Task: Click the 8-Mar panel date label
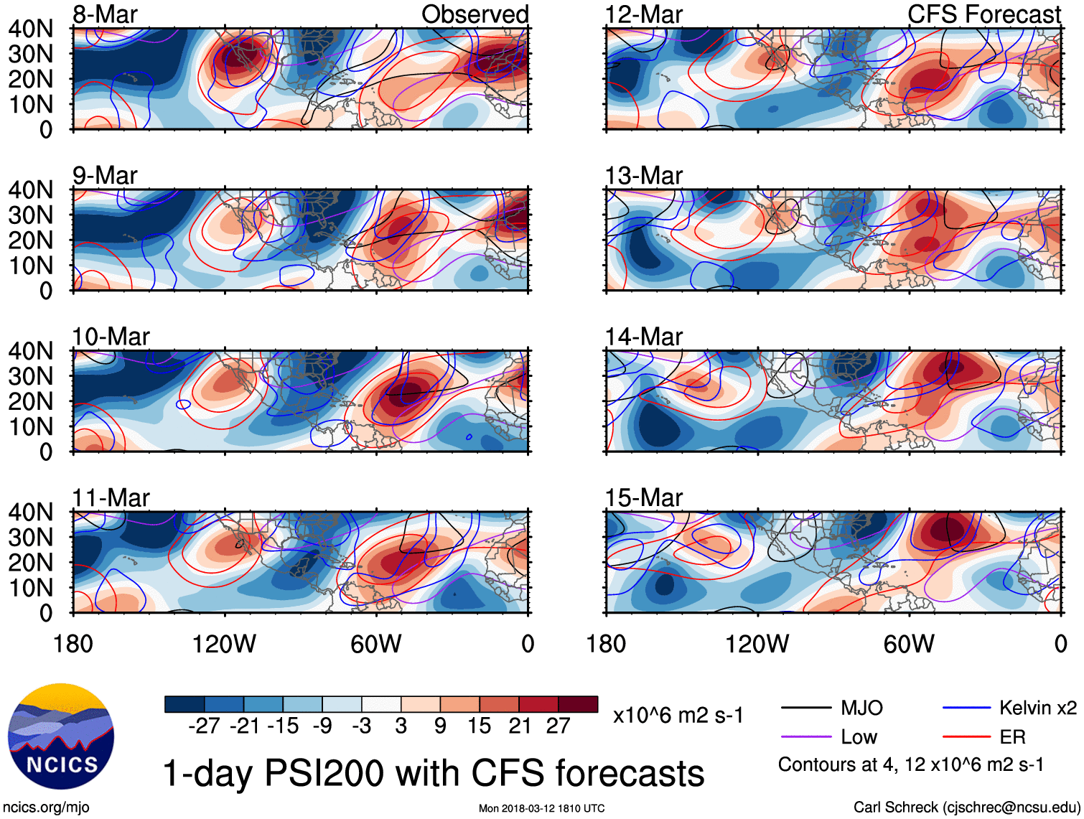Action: [x=105, y=14]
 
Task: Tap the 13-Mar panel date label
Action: [x=643, y=175]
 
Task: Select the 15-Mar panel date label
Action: [x=643, y=497]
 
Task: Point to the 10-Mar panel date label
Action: [x=111, y=337]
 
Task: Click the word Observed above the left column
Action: [x=475, y=14]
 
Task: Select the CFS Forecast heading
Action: [x=984, y=14]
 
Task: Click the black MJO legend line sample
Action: [x=805, y=708]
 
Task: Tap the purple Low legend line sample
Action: [x=805, y=737]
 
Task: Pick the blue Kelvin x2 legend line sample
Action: [x=966, y=708]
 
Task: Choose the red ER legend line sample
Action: [x=966, y=737]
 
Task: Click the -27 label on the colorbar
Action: [x=204, y=726]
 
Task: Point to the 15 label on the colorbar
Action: [x=479, y=726]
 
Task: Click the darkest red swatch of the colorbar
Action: [x=578, y=704]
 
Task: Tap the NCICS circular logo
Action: [x=61, y=736]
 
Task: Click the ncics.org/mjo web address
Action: [x=46, y=808]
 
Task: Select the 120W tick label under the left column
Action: [x=224, y=644]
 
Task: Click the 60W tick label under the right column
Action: [x=909, y=644]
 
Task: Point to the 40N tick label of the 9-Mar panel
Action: [x=31, y=190]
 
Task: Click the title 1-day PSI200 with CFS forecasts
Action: [x=434, y=774]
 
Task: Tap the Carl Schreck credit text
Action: [x=966, y=808]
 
